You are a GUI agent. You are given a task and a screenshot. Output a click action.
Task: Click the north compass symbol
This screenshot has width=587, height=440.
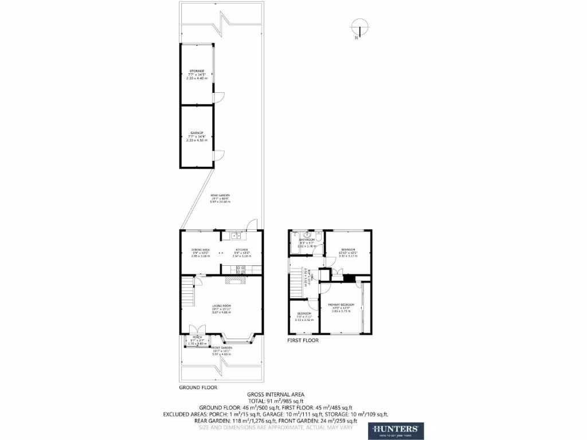click(x=357, y=29)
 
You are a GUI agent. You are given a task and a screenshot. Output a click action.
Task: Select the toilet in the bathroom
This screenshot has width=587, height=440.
click(x=307, y=234)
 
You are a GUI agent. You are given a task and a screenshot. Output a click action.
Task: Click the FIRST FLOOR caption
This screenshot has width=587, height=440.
click(x=303, y=340)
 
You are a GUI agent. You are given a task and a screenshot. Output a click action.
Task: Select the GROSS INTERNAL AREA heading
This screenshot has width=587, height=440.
click(x=275, y=394)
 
